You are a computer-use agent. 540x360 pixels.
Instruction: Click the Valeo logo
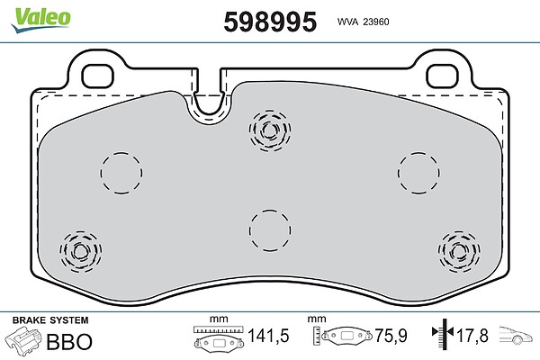[x=40, y=20]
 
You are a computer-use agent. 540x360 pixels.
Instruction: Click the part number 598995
[x=270, y=22]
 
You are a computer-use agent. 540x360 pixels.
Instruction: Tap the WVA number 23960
[x=376, y=22]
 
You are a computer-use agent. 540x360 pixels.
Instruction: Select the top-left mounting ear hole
[x=97, y=76]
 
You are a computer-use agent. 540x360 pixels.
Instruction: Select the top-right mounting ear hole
[x=442, y=76]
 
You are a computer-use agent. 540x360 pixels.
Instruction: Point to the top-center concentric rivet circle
[x=270, y=130]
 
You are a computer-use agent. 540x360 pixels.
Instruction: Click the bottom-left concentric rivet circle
[x=81, y=252]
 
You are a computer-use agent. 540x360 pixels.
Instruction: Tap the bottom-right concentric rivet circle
[x=459, y=252]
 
